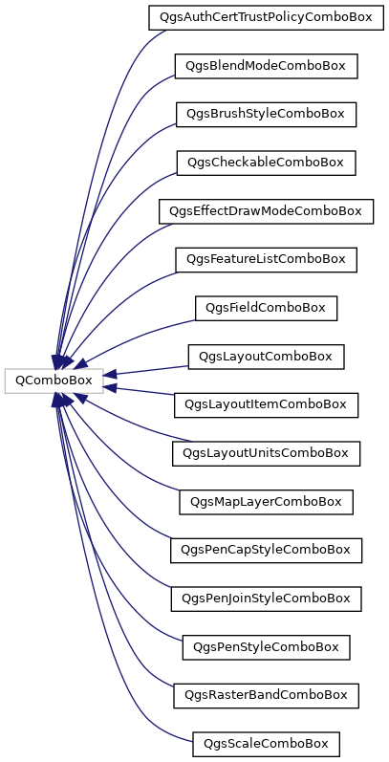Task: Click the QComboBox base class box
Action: (x=54, y=381)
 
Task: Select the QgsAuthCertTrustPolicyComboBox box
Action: (x=266, y=18)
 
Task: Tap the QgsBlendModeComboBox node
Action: (x=266, y=67)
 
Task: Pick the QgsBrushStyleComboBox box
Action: (x=266, y=115)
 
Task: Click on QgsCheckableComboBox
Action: (x=266, y=163)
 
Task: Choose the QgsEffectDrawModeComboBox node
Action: (x=266, y=212)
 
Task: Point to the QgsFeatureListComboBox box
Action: (x=266, y=260)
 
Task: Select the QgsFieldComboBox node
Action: (x=266, y=309)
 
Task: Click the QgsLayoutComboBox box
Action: (x=266, y=358)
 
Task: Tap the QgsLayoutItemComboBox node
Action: (x=266, y=405)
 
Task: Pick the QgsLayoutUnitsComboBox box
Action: (x=266, y=454)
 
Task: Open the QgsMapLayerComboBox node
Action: (x=266, y=503)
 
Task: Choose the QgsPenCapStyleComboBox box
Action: (x=266, y=551)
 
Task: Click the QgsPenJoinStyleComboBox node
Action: (x=266, y=599)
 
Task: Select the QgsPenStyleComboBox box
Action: (x=266, y=648)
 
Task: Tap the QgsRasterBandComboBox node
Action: (x=266, y=696)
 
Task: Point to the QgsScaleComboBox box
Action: (x=266, y=745)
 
